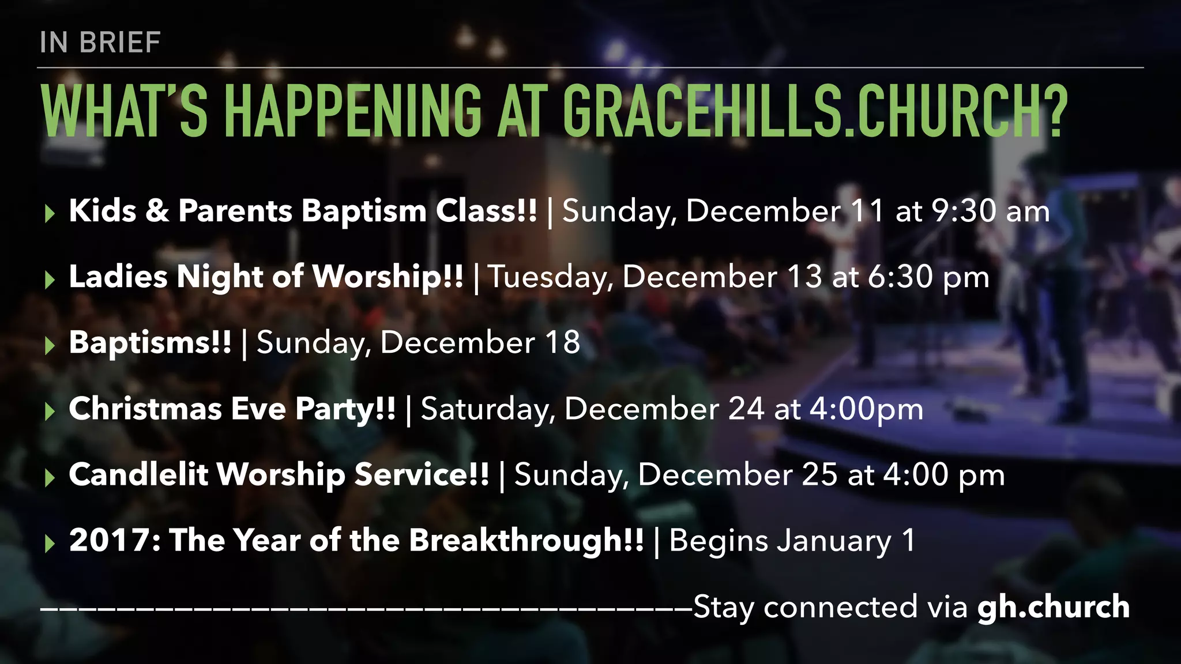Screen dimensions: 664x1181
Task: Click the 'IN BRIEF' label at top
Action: tap(100, 43)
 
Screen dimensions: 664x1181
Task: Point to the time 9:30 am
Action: tap(990, 211)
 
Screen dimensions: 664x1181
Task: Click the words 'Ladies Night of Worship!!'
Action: tap(266, 277)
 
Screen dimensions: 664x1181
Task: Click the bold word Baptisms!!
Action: tap(150, 342)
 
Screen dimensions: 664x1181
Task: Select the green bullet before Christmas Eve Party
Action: tap(50, 412)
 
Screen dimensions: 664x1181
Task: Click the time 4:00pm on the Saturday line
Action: tap(866, 409)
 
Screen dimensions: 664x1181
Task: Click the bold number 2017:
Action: tap(115, 541)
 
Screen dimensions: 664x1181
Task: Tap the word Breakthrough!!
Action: tap(526, 541)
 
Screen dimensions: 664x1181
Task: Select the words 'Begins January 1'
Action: tap(792, 541)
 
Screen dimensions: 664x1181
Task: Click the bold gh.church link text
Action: tap(1053, 607)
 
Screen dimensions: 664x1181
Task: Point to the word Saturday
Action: tap(488, 409)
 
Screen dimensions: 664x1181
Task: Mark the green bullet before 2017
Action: tap(50, 544)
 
